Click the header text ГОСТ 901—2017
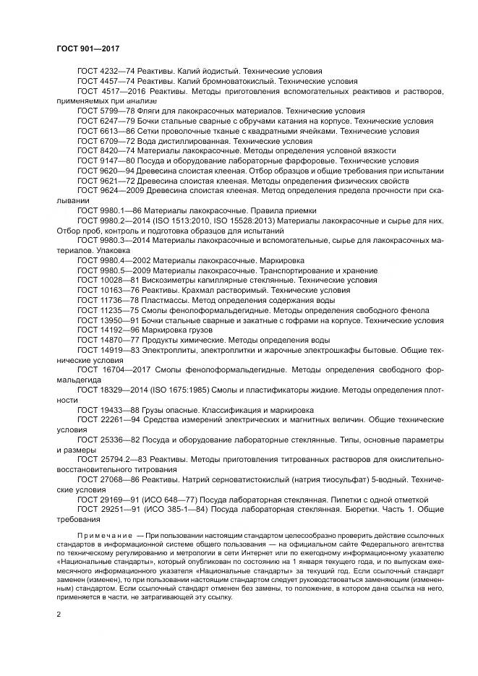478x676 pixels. click(x=88, y=49)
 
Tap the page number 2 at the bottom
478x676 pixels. click(x=59, y=614)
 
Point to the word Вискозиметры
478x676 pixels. click(x=171, y=279)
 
